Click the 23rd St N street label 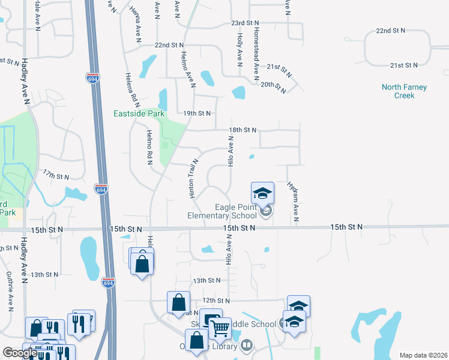point(245,23)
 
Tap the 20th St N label point(274,85)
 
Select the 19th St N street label point(197,113)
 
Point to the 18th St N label point(243,130)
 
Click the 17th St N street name point(56,175)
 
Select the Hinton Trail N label point(193,178)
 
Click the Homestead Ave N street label point(256,54)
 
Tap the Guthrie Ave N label point(10,291)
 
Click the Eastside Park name point(139,113)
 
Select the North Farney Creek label point(404,91)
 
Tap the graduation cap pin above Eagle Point point(262,193)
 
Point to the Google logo point(19,353)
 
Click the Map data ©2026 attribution point(423,355)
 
